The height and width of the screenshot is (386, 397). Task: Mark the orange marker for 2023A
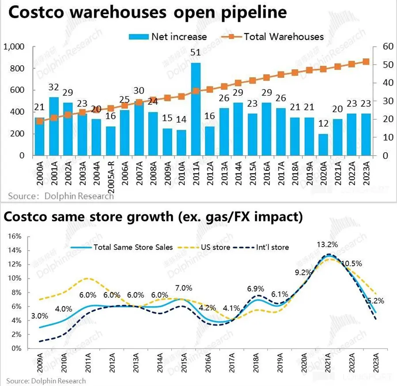click(366, 62)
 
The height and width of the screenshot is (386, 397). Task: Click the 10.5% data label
click(352, 263)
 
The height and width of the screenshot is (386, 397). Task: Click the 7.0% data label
click(183, 288)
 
